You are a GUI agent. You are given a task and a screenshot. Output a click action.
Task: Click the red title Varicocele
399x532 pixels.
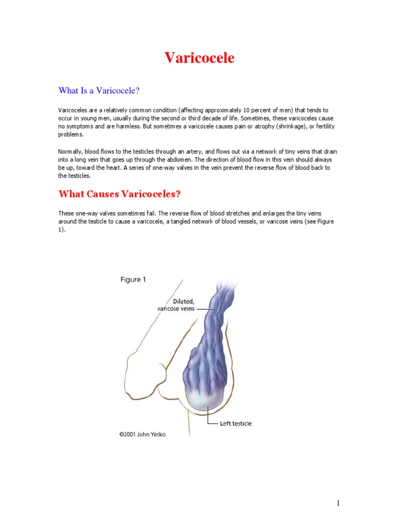[x=199, y=58]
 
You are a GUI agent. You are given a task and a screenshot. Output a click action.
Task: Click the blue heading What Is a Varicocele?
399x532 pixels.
[x=99, y=91]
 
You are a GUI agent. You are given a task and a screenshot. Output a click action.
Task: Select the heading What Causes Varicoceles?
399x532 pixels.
[x=119, y=194]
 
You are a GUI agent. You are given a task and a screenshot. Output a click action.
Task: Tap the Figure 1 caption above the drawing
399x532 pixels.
[x=133, y=280]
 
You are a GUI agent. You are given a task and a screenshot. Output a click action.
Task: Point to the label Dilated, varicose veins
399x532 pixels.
[x=177, y=304]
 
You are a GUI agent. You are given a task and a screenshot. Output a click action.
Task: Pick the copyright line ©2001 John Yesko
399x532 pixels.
[x=142, y=434]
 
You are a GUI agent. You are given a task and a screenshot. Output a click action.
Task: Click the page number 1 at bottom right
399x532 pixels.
[x=338, y=503]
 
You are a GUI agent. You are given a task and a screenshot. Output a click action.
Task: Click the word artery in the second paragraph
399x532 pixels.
[x=193, y=151]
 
